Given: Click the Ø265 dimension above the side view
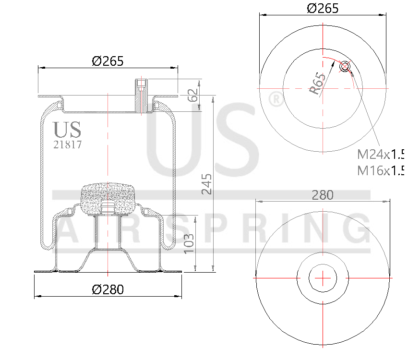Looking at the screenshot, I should pos(108,61).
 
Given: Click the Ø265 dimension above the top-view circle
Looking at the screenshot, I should pos(323,8).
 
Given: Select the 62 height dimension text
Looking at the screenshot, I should pos(193,95).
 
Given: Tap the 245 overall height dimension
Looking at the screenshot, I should pos(206,184).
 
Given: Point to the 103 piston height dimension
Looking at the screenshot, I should pos(189,243).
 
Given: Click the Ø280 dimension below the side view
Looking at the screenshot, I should pos(108,289).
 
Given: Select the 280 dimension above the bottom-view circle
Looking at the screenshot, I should pos(323,195).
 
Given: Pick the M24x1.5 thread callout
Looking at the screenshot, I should pos(380,155).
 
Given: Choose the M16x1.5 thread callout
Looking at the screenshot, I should pos(380,170).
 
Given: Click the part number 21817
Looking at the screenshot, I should pos(67,144).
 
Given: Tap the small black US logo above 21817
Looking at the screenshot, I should pos(67,130).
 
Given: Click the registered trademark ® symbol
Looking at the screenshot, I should pos(275,99).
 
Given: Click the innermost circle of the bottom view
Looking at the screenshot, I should pos(323,277).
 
